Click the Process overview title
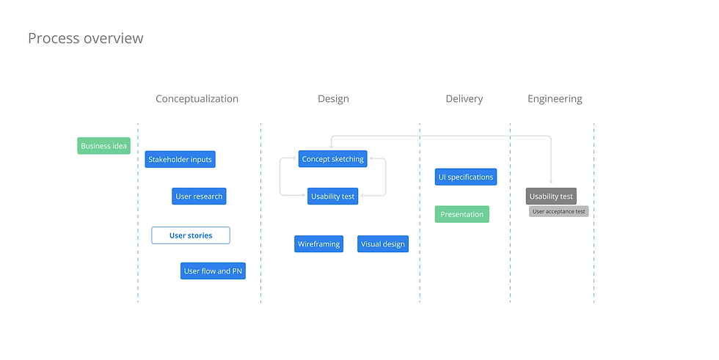(85, 38)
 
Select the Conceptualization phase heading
(197, 98)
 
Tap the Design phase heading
(333, 98)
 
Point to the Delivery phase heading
(464, 98)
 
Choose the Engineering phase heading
(555, 98)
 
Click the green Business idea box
(103, 146)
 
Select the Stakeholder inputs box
(180, 159)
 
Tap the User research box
(199, 196)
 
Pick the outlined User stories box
(191, 235)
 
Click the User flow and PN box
(213, 271)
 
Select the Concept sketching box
(332, 159)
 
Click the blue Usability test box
(332, 196)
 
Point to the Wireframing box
(318, 244)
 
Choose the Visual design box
(383, 244)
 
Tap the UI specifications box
(466, 177)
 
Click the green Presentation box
(461, 214)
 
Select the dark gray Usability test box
(551, 196)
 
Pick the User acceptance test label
(558, 211)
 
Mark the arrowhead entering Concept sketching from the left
(295, 158)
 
